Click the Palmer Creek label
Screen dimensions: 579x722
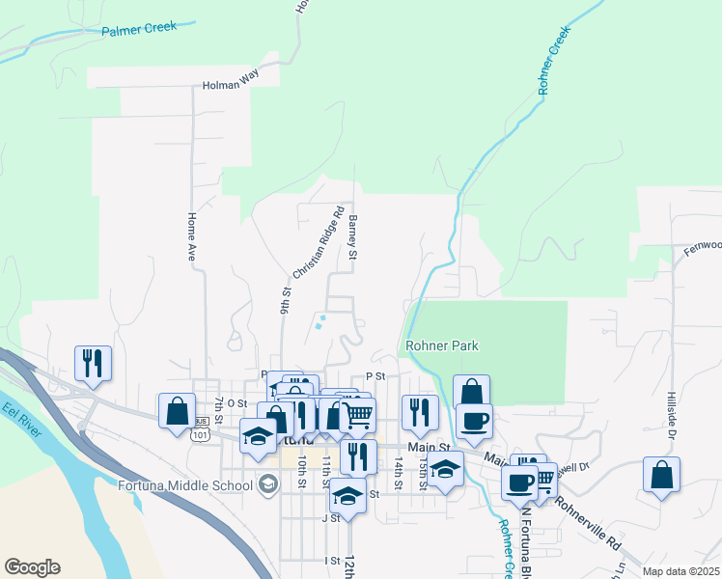click(139, 28)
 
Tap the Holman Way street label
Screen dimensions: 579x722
click(231, 85)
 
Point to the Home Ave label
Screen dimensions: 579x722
click(192, 237)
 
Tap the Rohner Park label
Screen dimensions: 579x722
click(442, 345)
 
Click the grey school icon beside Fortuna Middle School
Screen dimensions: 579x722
click(267, 484)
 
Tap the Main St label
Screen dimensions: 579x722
click(430, 448)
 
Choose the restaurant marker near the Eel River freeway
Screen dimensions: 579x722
click(93, 363)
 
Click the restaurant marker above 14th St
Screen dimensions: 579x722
click(420, 412)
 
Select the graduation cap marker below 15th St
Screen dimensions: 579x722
click(445, 469)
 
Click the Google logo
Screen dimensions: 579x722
click(32, 567)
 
